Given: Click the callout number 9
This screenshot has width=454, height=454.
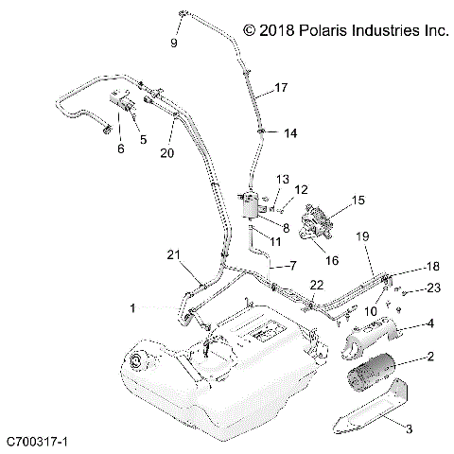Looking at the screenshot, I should click(174, 44).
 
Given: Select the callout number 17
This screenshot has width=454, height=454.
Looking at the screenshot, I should click(280, 88).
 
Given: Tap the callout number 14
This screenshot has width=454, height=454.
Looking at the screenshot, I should click(289, 133).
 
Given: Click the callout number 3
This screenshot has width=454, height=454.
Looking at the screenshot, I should click(410, 428).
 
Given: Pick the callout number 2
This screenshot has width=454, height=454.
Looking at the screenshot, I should click(430, 358).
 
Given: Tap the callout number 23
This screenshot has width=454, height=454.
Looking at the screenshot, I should click(433, 289).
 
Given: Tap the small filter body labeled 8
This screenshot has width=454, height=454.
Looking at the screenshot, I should click(253, 206).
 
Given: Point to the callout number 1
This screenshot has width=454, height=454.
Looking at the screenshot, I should click(132, 307).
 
